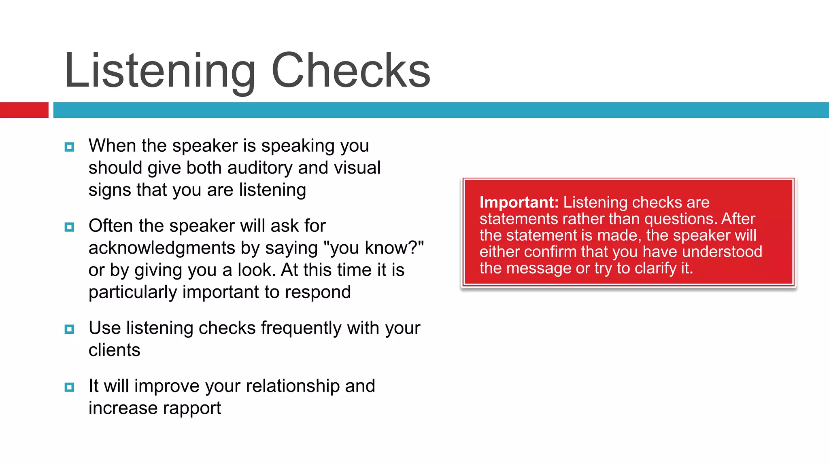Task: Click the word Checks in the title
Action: pos(351,71)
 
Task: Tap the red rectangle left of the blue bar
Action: pos(24,110)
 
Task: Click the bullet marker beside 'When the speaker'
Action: pos(69,147)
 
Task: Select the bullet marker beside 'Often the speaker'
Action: pos(69,227)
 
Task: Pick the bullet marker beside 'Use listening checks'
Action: pos(69,329)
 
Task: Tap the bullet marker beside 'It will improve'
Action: pos(69,387)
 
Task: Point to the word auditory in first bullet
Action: pos(259,168)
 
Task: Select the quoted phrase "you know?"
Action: pos(374,248)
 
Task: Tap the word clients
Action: pos(114,350)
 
